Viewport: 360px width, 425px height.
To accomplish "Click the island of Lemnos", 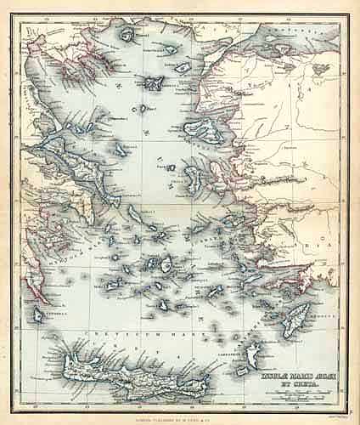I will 155,83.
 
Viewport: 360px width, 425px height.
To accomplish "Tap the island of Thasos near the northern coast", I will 128,36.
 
